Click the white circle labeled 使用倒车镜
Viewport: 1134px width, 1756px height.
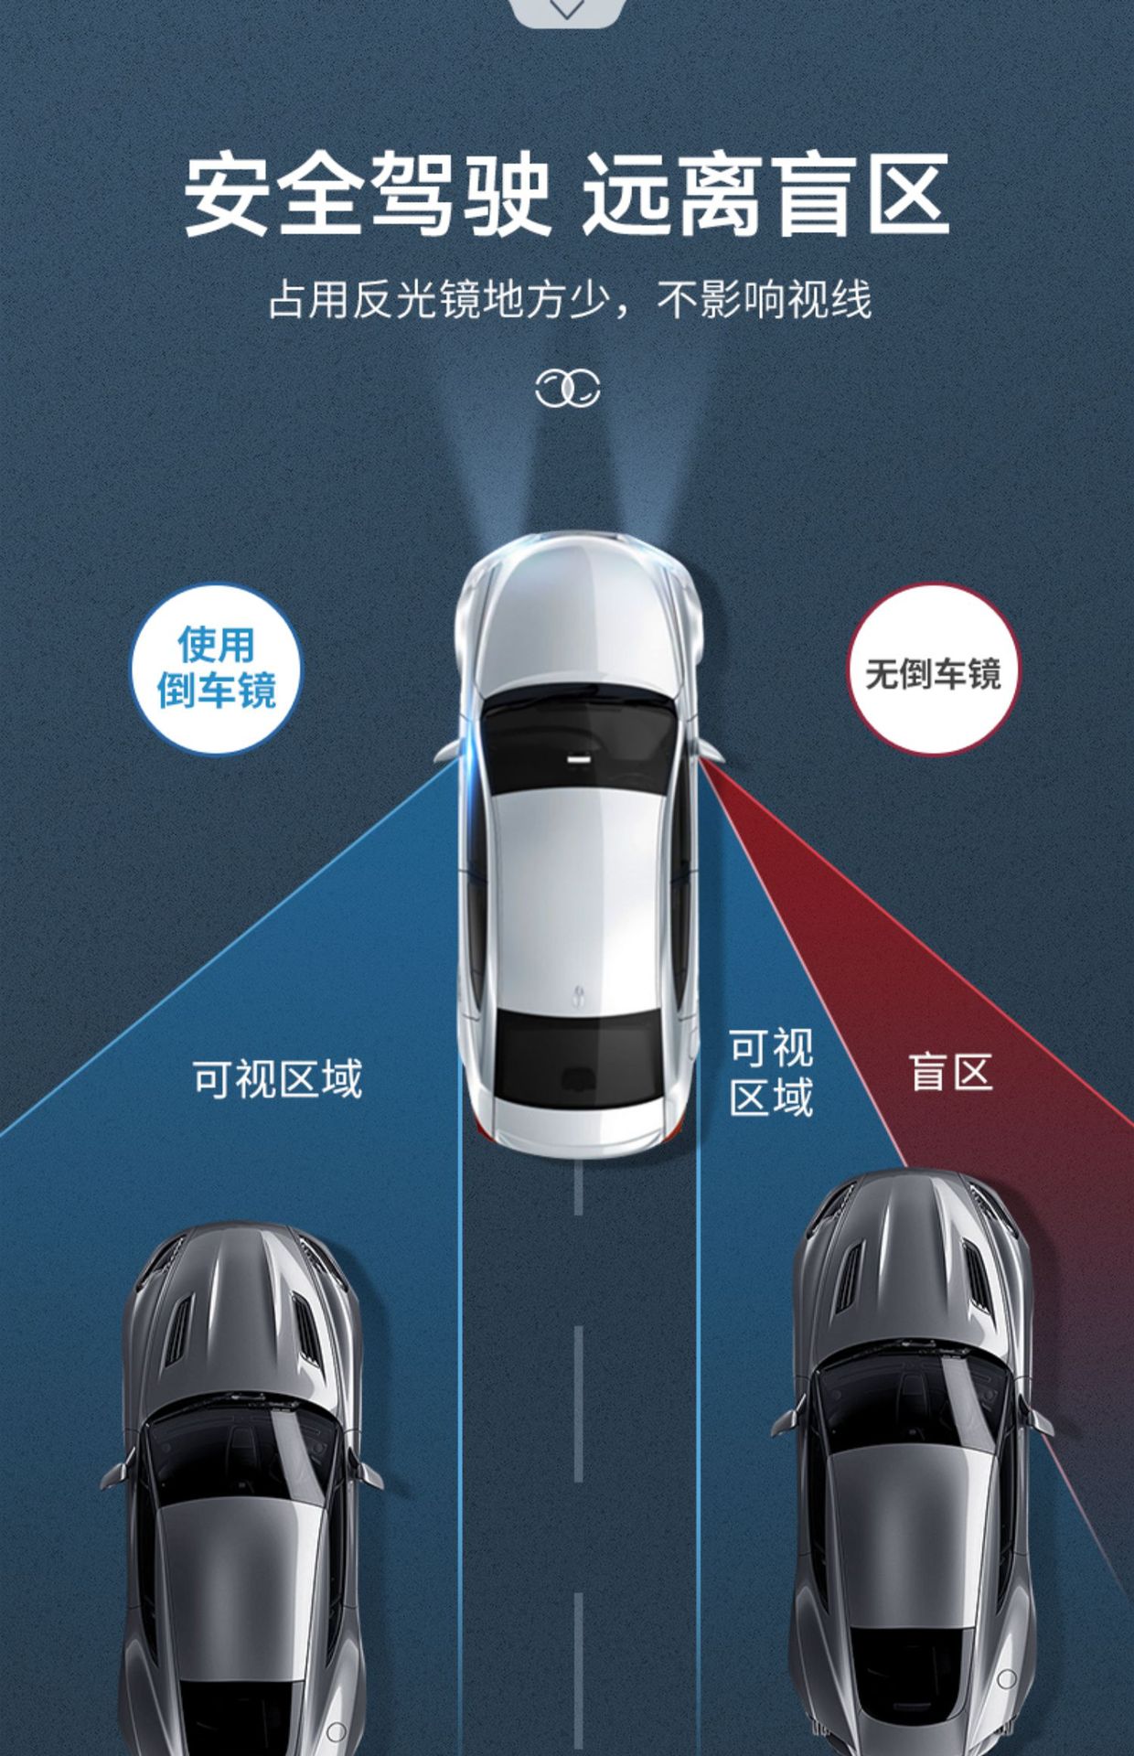pos(216,669)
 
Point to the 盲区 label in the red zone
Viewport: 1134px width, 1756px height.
pos(951,1072)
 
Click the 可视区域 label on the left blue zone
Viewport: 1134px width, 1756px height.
pos(277,1078)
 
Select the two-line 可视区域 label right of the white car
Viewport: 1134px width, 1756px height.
pos(771,1072)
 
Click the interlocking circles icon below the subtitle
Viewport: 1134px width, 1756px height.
pos(567,389)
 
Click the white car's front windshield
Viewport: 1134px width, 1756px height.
pos(577,732)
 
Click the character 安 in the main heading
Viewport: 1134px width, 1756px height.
pos(228,195)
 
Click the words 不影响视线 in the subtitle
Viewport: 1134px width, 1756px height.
pos(765,300)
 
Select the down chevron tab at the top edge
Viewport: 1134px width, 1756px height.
pos(567,9)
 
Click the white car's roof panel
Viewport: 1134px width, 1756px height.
pos(576,878)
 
